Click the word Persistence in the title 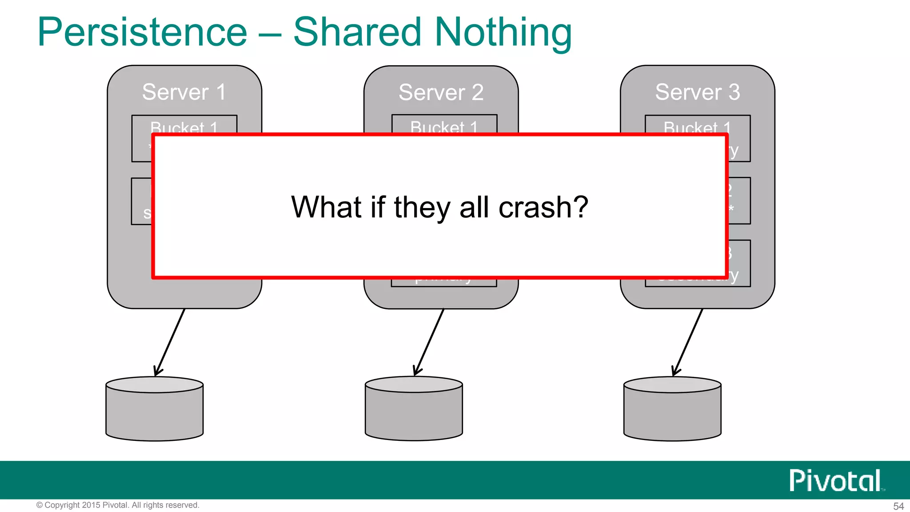[142, 32]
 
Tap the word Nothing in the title [503, 32]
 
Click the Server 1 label [184, 92]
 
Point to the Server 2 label [441, 92]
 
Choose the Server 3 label [698, 92]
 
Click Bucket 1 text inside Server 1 [184, 127]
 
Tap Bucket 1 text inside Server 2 [444, 127]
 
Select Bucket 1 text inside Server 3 [697, 127]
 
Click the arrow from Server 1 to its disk [169, 343]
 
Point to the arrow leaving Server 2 [429, 343]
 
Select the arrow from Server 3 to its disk [687, 343]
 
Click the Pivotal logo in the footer [835, 480]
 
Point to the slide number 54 [898, 506]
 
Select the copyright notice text [118, 505]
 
